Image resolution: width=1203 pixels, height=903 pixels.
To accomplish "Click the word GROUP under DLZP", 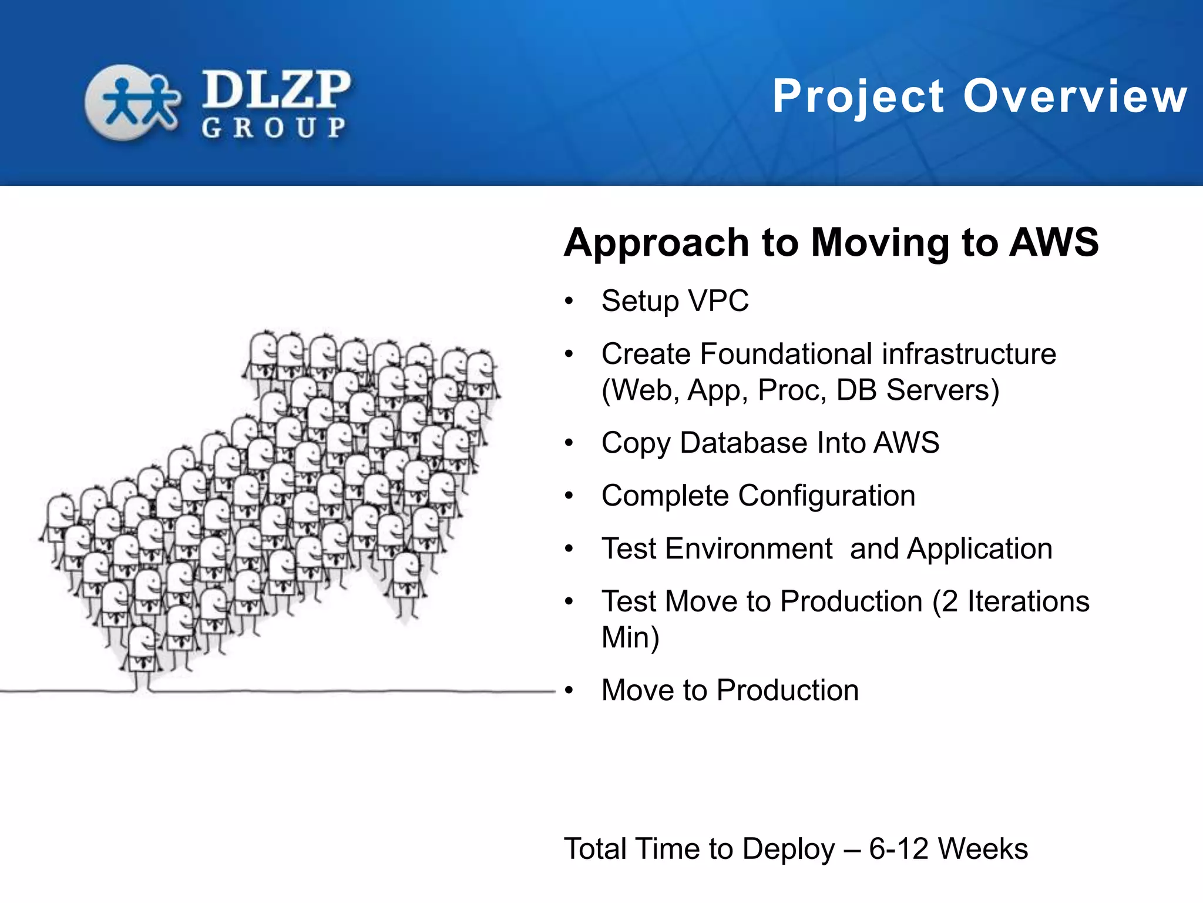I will tap(274, 128).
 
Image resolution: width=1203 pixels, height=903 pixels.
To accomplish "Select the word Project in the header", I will tap(858, 97).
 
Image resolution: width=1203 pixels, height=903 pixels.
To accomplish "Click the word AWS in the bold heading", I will tap(1054, 242).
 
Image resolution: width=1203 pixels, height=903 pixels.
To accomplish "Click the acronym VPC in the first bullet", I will tap(718, 301).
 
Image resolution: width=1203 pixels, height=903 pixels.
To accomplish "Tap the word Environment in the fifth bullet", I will tap(749, 549).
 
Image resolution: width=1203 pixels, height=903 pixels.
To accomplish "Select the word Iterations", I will tap(1028, 601).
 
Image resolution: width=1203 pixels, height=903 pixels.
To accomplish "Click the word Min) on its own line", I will tap(630, 638).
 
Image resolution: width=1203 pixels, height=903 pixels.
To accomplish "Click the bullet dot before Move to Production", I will tap(569, 691).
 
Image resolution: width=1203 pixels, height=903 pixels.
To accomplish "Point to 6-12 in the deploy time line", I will tap(899, 849).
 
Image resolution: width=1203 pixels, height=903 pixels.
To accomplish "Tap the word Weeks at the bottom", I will tap(983, 849).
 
